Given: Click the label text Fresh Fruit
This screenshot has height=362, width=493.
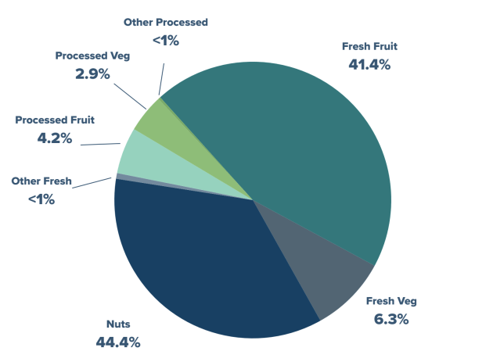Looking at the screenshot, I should click(x=370, y=47).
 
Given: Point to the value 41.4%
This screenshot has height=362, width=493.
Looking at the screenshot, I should click(x=369, y=64).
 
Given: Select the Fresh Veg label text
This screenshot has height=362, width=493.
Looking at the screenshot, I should click(x=392, y=301).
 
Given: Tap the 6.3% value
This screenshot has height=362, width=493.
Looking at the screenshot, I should click(x=392, y=319).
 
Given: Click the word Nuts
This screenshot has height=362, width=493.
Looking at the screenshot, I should click(x=119, y=324).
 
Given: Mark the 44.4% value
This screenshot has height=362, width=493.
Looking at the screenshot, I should click(x=119, y=342).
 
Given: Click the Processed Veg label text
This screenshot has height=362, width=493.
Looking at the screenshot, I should click(x=92, y=56).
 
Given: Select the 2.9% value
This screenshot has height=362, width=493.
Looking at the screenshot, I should click(x=92, y=74).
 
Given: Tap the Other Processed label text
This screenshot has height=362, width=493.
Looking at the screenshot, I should click(x=166, y=23).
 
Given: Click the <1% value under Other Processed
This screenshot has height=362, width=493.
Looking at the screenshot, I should click(x=165, y=40).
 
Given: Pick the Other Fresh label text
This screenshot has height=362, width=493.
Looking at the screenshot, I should click(x=41, y=181).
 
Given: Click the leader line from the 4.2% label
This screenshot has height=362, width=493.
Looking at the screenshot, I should click(x=100, y=144).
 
